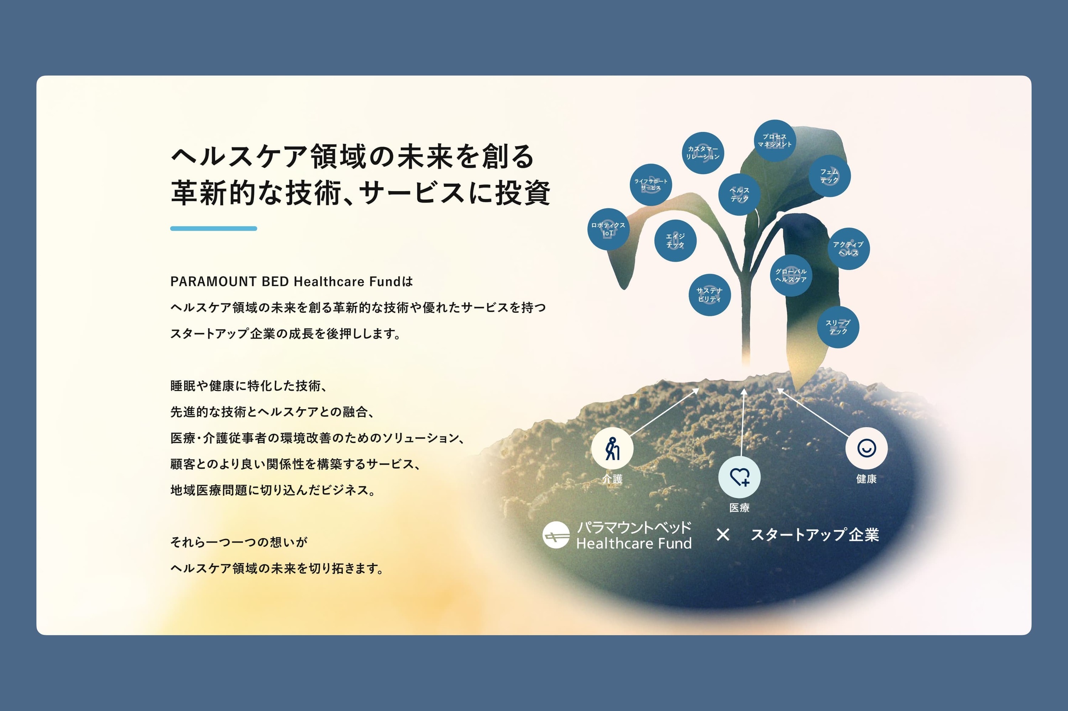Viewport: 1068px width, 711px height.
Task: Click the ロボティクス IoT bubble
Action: [608, 229]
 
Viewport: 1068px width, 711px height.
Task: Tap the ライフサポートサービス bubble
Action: [651, 185]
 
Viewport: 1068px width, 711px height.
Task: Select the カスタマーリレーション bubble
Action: [703, 153]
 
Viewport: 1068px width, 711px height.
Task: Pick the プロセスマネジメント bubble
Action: [775, 141]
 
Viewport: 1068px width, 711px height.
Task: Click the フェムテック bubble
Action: [829, 176]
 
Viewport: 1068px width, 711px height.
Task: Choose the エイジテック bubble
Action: [675, 241]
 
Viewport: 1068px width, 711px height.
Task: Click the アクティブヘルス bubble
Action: [848, 248]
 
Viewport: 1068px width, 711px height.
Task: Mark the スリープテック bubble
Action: [838, 327]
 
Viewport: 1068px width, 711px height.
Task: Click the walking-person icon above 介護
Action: [612, 448]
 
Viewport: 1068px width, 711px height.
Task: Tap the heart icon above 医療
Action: [740, 477]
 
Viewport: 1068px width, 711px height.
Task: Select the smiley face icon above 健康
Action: [867, 448]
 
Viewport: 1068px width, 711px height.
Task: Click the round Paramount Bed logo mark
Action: [556, 535]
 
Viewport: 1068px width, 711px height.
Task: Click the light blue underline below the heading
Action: [214, 228]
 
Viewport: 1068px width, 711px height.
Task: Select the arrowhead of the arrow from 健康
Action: [780, 391]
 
